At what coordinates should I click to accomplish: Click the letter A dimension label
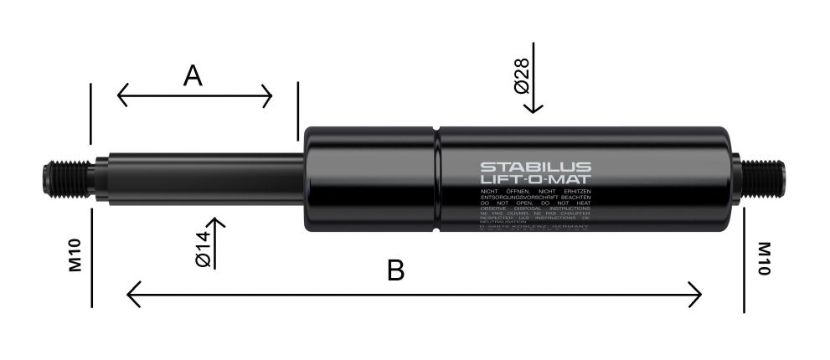pos(193,76)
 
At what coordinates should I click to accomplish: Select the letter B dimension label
pos(396,270)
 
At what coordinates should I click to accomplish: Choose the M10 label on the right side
pos(764,260)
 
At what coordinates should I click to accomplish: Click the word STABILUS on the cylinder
pos(536,167)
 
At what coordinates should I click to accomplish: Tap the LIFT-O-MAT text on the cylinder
pos(536,181)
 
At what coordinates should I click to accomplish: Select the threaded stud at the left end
pos(64,177)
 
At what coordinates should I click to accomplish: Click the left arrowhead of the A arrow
pos(121,95)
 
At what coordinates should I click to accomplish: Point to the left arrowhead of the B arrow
pos(131,295)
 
